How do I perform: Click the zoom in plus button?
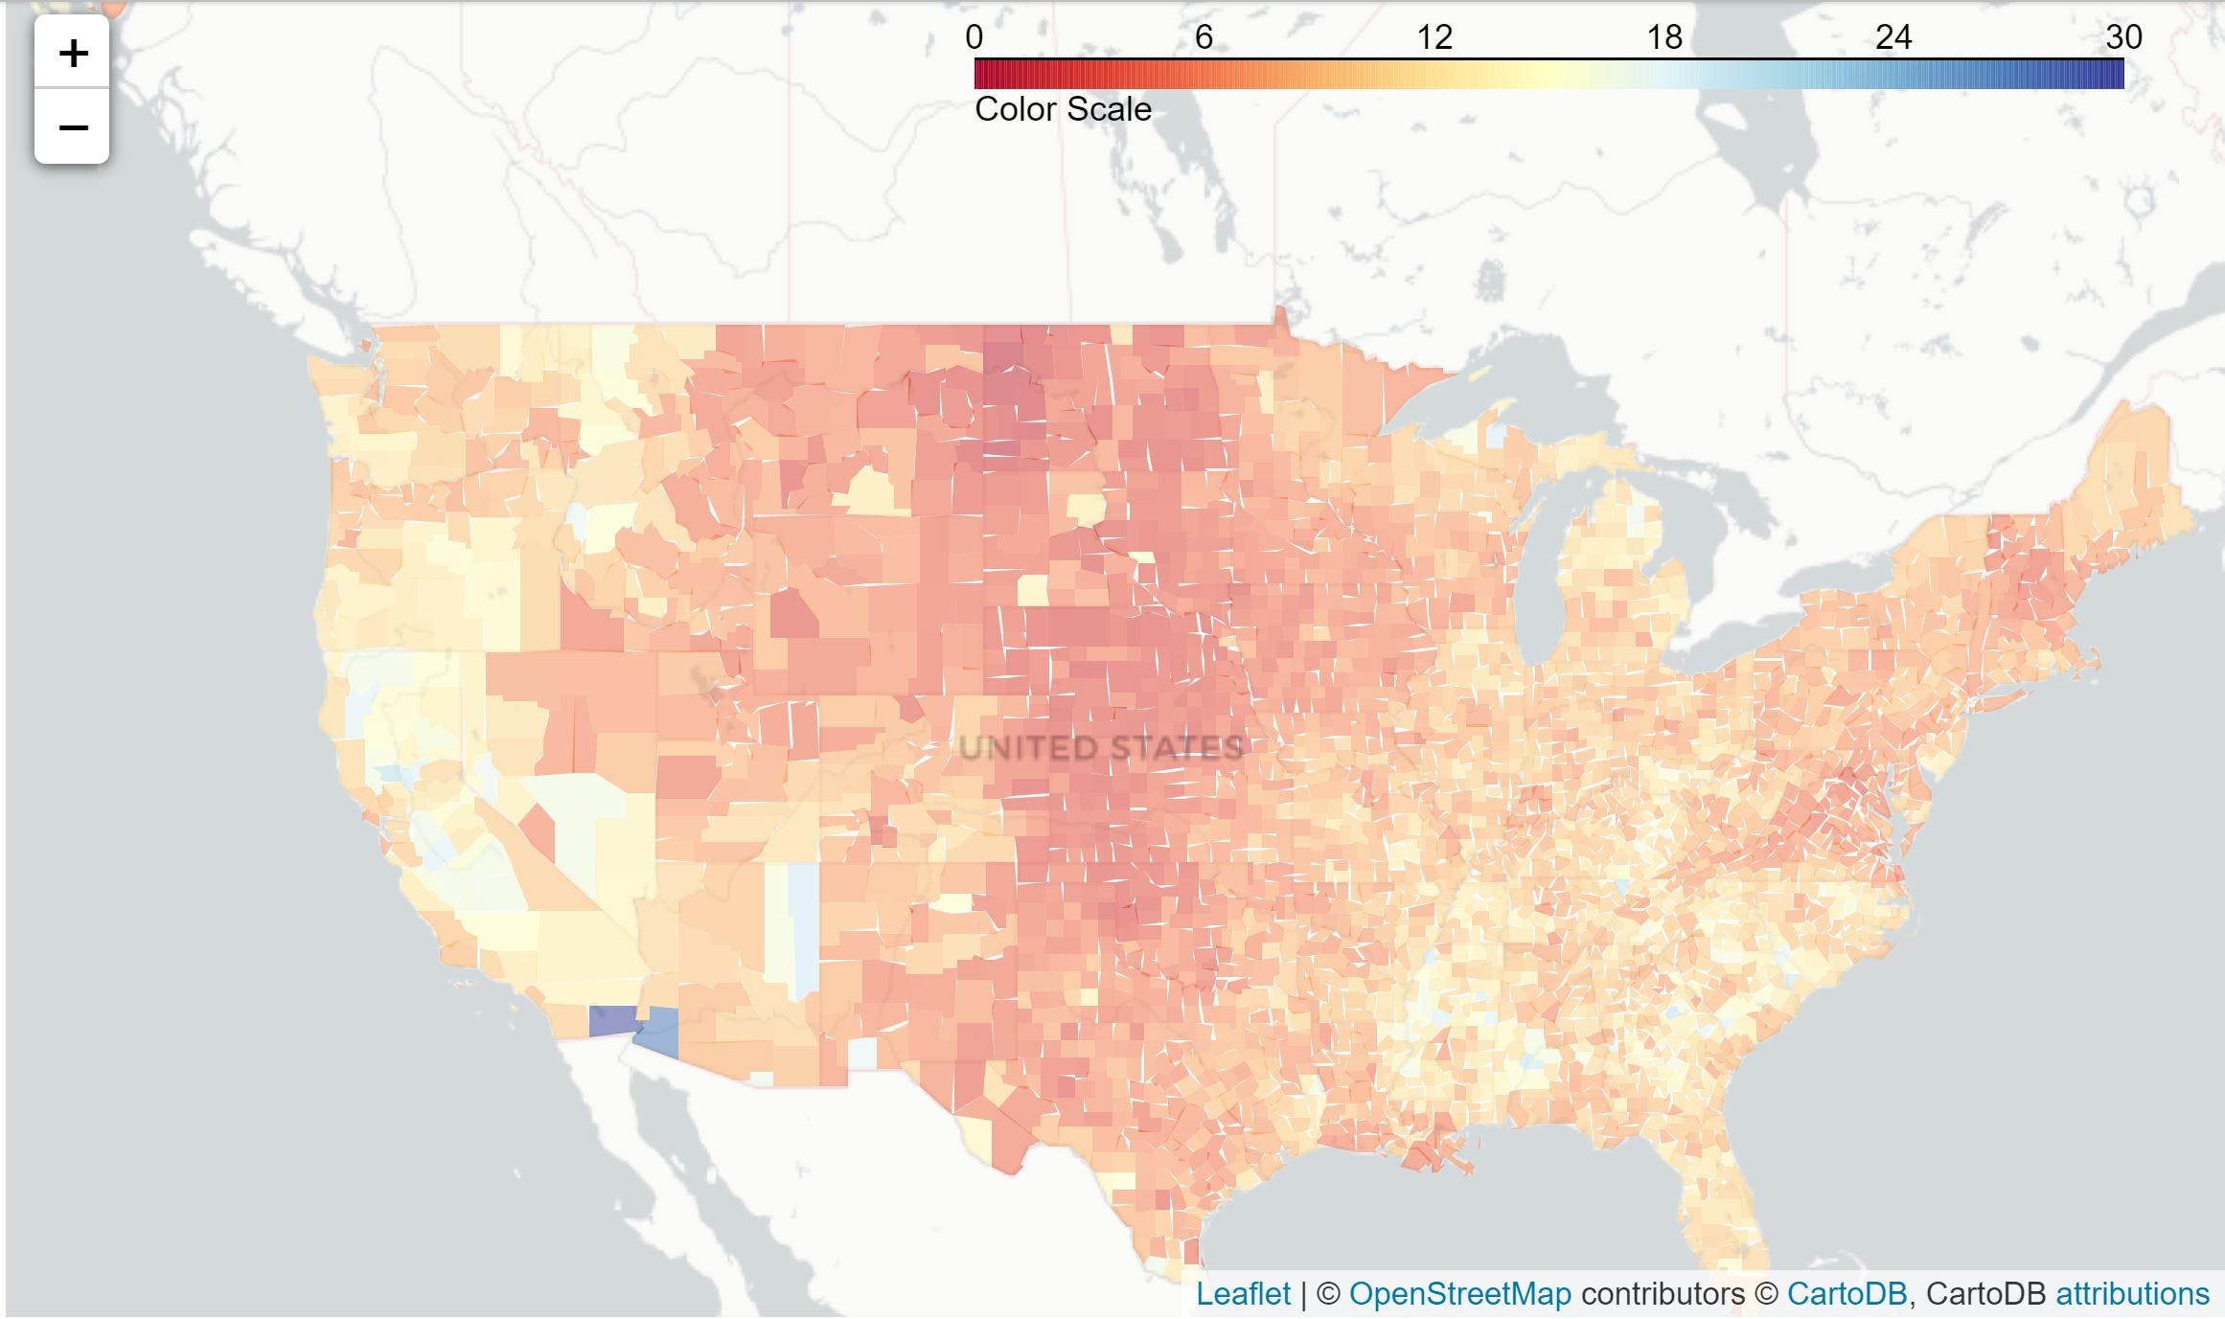coord(73,53)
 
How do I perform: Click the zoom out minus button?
coord(73,126)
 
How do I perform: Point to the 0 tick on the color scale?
coord(975,37)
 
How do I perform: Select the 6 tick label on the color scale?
coord(1204,37)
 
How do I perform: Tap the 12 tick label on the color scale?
coord(1434,37)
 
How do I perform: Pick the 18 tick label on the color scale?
coord(1664,37)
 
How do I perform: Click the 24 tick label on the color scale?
coord(1893,37)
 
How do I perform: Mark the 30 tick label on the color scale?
coord(2123,37)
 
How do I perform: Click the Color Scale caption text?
coord(1063,109)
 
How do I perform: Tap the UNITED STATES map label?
coord(1101,747)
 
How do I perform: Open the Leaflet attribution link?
coord(1243,1294)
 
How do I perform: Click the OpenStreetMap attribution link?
coord(1459,1294)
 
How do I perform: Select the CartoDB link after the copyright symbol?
coord(1847,1294)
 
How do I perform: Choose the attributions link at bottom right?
coord(2132,1294)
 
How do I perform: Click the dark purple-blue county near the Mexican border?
coord(612,1021)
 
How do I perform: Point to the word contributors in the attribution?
coord(1663,1294)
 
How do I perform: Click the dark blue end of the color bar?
coord(2113,75)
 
